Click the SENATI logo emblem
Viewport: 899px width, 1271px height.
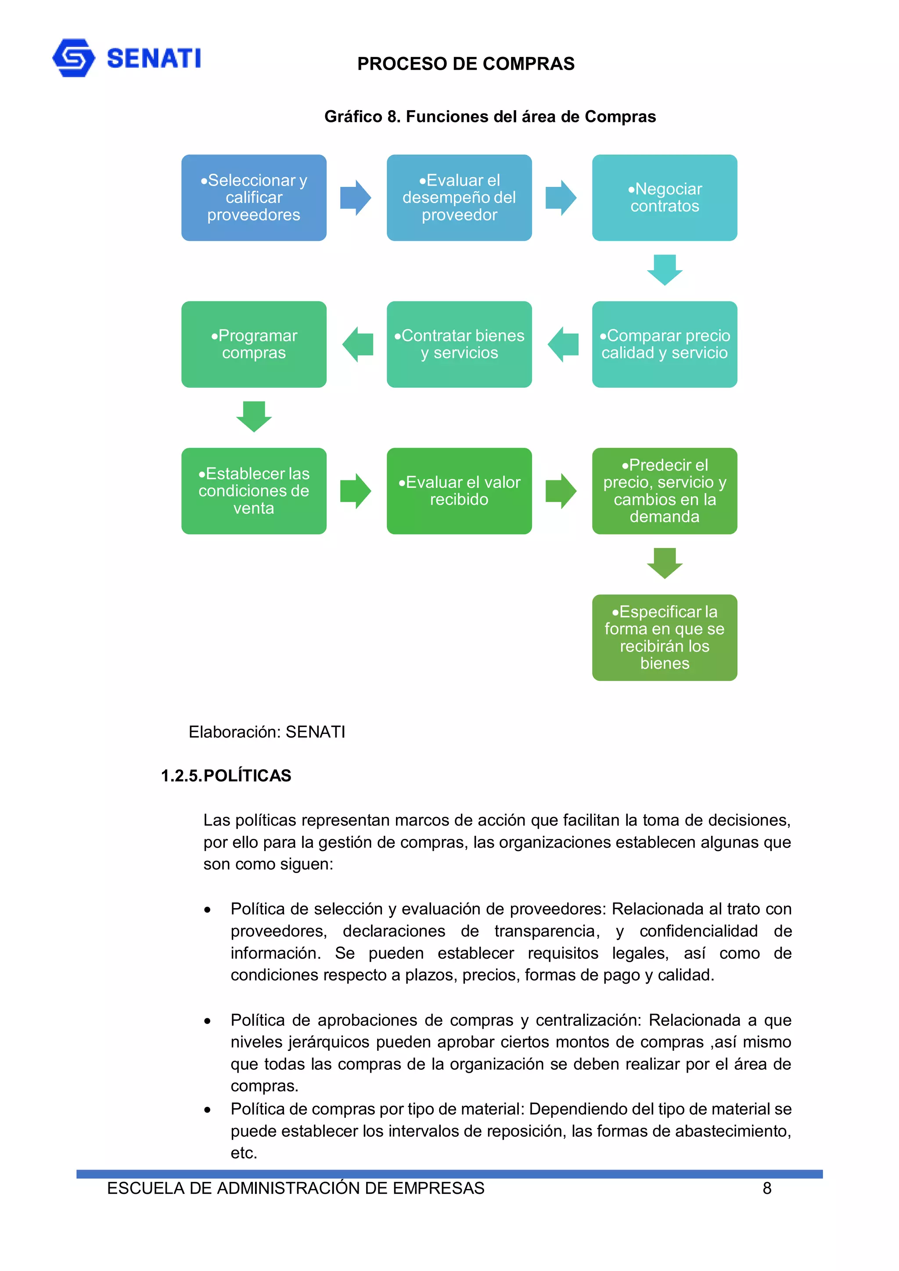74,57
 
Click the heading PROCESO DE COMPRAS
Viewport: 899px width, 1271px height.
465,64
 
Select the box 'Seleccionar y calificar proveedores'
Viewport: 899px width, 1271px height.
254,197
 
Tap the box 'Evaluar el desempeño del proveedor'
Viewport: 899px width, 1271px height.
459,197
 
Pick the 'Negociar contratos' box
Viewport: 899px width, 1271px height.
664,197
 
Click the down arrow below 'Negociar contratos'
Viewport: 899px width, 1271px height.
664,269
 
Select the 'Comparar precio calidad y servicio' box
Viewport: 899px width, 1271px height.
664,344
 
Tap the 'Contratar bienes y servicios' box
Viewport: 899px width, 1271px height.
459,344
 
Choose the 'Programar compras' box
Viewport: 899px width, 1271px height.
254,344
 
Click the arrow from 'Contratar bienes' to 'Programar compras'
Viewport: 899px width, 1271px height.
357,344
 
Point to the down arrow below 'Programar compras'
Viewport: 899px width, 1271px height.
254,416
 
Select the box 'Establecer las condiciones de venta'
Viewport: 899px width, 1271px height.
254,491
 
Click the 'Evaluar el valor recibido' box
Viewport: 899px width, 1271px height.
459,491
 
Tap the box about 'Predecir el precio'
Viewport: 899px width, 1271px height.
664,491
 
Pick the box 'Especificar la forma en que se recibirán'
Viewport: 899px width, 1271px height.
664,638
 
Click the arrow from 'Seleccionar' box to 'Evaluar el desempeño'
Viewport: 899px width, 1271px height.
355,197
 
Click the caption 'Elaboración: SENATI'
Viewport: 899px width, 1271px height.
266,732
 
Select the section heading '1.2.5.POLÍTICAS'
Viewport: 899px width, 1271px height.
226,776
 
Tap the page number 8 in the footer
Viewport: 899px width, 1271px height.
766,1189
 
